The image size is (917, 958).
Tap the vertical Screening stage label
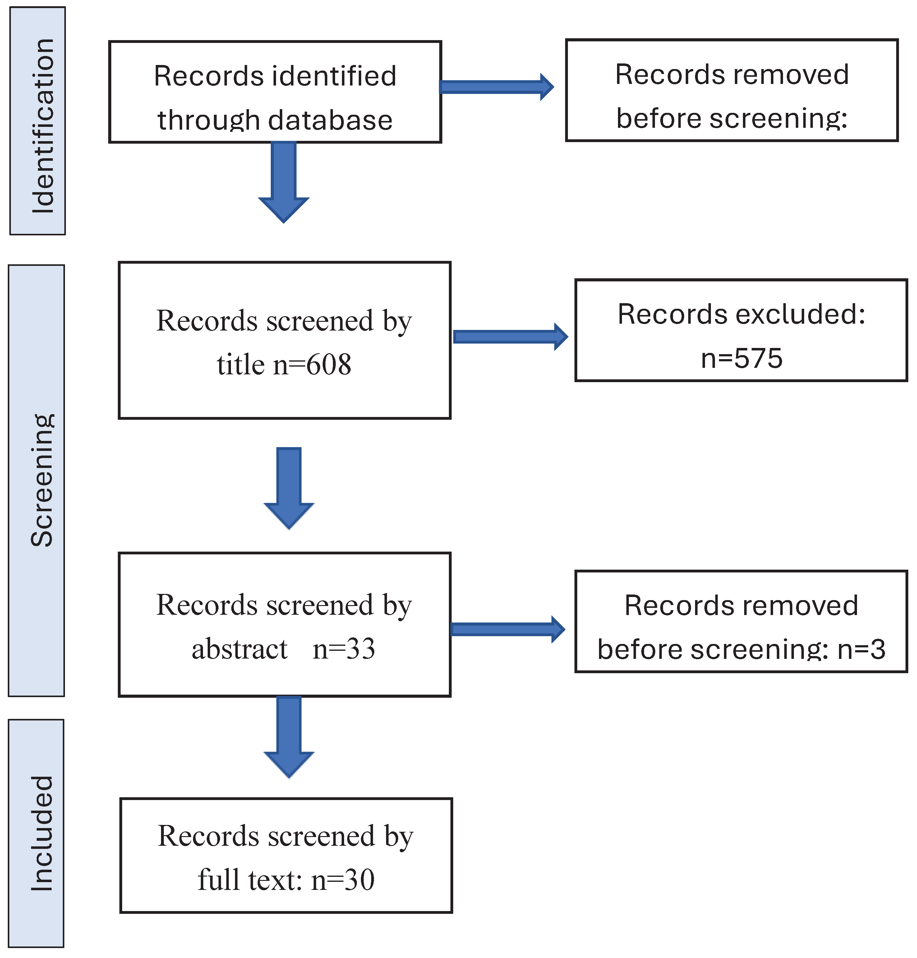[x=42, y=480]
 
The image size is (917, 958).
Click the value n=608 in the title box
[x=312, y=365]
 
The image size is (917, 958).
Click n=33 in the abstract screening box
[x=343, y=649]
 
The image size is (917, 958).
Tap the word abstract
[x=239, y=649]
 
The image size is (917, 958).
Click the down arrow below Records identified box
[x=284, y=181]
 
